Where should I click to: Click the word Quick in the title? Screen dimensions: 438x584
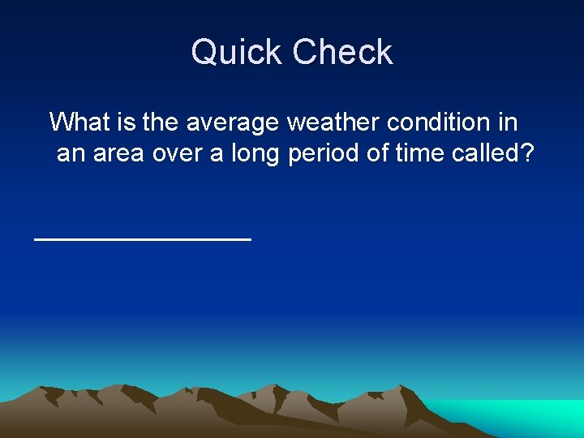[x=238, y=53]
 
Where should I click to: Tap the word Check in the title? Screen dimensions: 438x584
[x=342, y=53]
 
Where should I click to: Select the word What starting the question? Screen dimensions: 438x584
[x=80, y=122]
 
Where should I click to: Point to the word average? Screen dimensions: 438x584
[x=234, y=122]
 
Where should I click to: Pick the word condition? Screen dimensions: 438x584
[x=438, y=122]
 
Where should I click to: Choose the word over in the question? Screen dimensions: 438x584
[x=177, y=154]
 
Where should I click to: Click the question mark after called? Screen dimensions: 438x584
[x=526, y=154]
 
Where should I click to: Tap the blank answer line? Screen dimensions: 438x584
[x=143, y=238]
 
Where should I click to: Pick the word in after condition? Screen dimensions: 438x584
[x=509, y=122]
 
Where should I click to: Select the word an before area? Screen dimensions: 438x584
[x=71, y=154]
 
